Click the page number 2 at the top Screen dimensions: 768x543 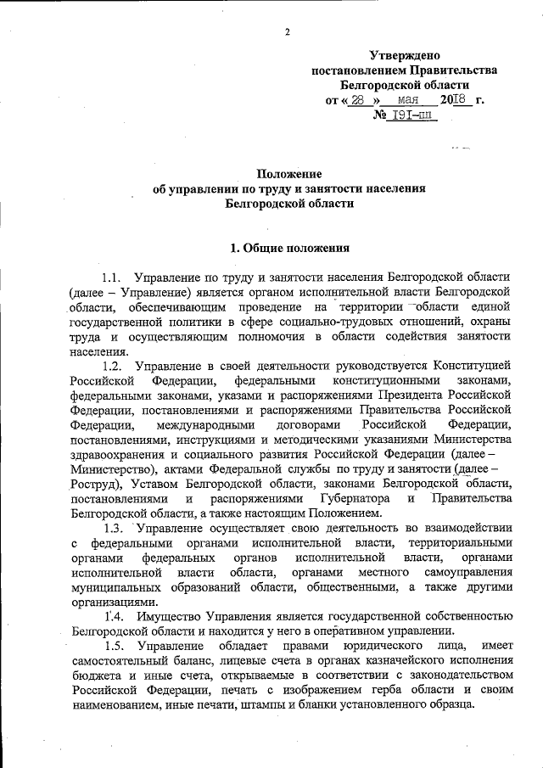(x=288, y=33)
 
